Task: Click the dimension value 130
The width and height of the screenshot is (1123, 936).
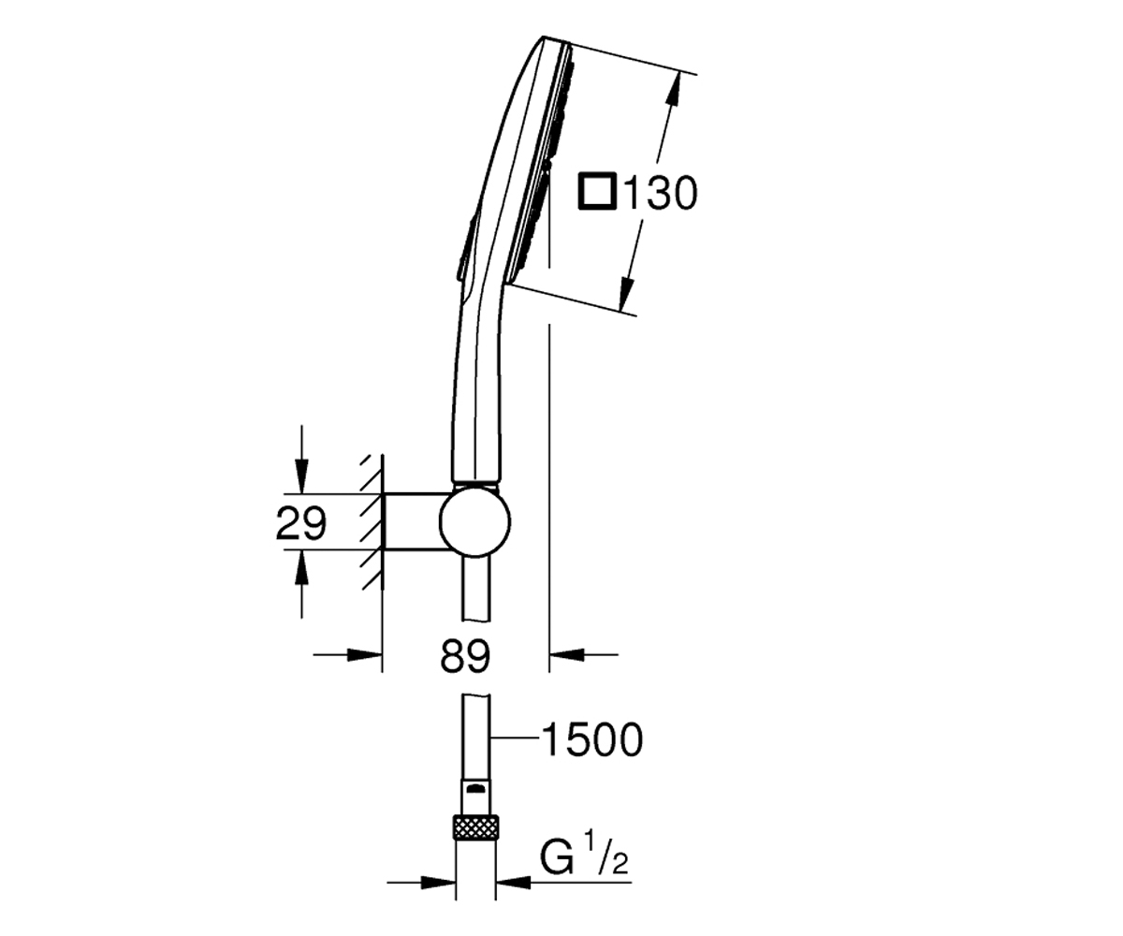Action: point(660,192)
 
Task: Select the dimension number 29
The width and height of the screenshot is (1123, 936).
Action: point(300,523)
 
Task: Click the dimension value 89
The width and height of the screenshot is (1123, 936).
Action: point(465,656)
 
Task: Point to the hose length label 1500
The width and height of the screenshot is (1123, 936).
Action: point(592,740)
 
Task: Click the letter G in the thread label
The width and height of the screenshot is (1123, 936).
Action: point(557,859)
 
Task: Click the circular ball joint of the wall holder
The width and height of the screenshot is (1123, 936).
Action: point(474,520)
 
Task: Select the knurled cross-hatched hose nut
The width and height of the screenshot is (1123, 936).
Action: point(476,827)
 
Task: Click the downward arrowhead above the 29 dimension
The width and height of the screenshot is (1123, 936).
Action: point(301,475)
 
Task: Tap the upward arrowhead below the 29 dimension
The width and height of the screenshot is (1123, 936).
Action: point(301,568)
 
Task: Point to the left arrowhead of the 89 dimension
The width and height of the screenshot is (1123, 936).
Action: point(365,655)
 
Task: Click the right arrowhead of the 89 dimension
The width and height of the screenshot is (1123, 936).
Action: point(567,655)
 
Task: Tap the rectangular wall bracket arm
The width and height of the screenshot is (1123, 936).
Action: point(416,520)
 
